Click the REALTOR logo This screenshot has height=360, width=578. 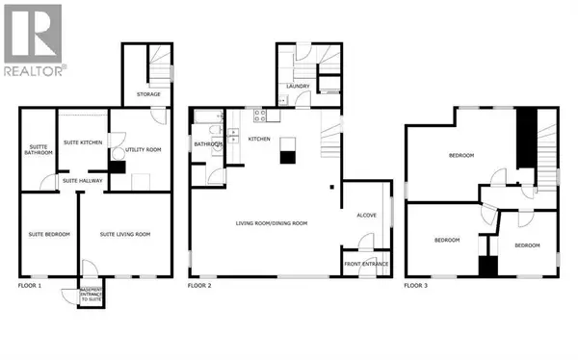coord(34,39)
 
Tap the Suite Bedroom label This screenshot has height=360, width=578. coord(46,233)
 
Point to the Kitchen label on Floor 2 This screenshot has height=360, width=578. coord(259,139)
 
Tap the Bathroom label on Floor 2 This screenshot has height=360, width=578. coord(207,145)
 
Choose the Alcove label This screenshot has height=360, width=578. coord(366,216)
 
